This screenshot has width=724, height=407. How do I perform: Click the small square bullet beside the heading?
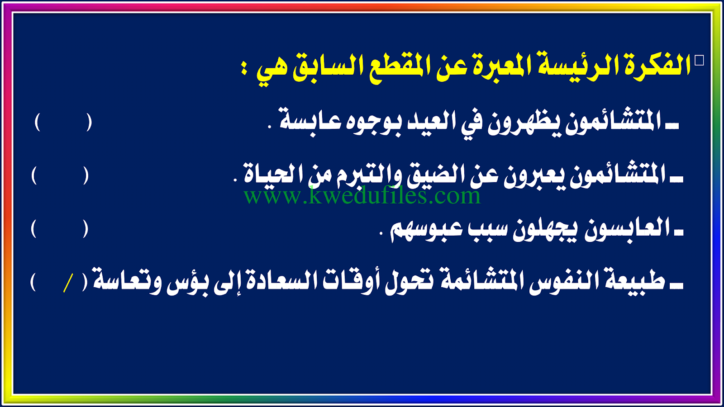click(699, 61)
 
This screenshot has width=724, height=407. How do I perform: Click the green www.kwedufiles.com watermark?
click(362, 196)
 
